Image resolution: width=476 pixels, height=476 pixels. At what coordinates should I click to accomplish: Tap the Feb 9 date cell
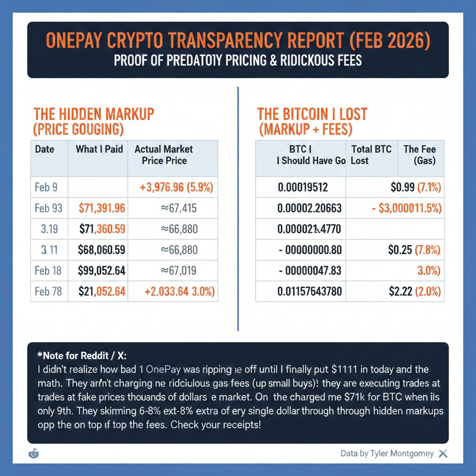pos(46,187)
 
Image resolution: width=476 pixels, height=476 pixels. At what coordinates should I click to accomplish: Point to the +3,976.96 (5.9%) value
pos(176,187)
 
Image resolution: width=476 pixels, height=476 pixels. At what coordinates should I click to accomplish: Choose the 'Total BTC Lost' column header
pos(371,155)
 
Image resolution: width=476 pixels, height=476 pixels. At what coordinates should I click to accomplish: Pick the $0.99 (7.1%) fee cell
pos(415,187)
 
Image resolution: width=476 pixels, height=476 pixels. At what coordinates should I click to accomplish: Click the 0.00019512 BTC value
pos(303,187)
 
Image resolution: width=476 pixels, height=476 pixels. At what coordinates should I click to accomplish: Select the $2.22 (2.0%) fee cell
pos(415,291)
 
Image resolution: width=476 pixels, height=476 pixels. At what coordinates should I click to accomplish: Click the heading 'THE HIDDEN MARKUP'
pos(94,114)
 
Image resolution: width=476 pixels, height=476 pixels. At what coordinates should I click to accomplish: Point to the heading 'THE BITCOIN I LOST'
pos(312,114)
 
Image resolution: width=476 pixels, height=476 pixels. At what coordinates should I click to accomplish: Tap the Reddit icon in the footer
pos(34,453)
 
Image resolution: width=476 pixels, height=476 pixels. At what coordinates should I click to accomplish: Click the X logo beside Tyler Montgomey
pos(443,453)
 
